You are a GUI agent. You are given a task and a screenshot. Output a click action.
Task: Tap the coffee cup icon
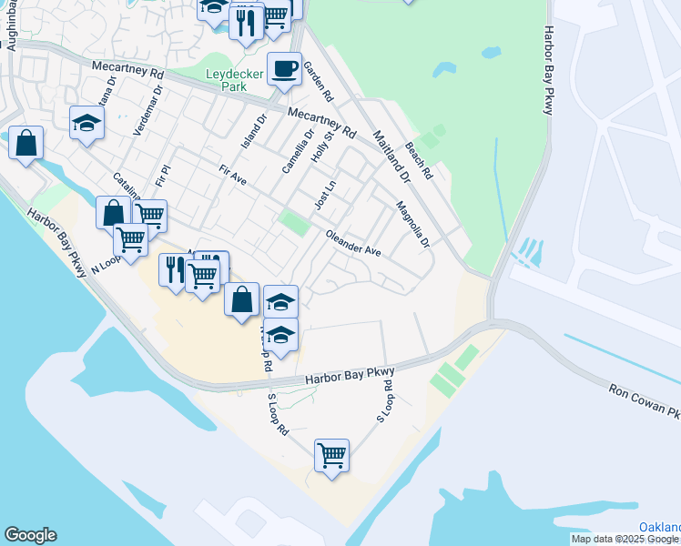[284, 68]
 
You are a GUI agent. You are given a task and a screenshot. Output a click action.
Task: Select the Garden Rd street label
[319, 81]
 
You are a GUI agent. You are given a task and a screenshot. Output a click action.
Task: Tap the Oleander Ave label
[353, 243]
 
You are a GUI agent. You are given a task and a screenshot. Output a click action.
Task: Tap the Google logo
[30, 535]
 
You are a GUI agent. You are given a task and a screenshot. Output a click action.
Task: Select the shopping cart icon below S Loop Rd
[331, 454]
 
